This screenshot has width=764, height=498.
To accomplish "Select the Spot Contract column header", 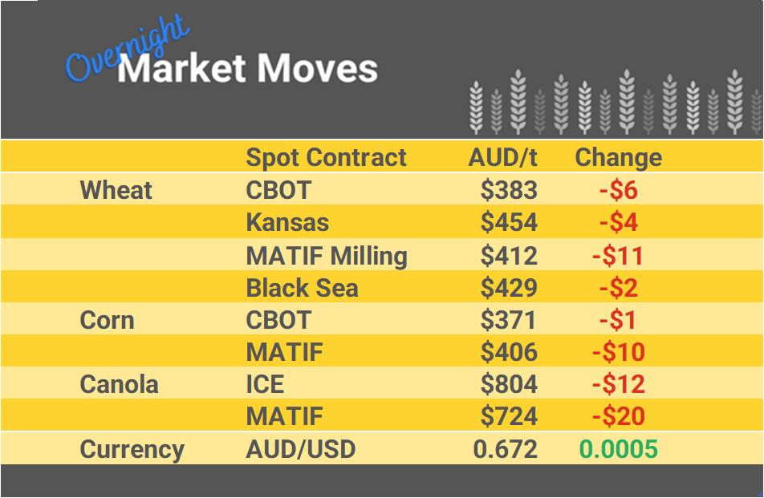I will (326, 157).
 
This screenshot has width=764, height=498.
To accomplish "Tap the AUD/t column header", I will (502, 157).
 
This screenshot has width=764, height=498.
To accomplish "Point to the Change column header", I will (618, 157).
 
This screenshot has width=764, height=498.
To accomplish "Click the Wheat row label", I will (116, 190).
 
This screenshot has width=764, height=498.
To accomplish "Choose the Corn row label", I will (107, 320).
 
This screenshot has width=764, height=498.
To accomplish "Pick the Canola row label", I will (119, 384).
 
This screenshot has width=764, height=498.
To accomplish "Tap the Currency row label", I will (132, 449).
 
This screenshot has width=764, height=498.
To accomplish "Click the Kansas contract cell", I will (287, 222).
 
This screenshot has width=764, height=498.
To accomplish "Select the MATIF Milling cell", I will (327, 256).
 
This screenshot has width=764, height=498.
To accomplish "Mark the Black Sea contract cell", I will (302, 287).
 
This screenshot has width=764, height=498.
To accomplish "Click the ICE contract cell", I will (265, 384).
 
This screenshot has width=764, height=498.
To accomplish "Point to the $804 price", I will (509, 384).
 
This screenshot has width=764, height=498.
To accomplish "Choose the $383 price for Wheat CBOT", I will (509, 190).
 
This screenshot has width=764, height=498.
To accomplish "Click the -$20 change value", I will (618, 417).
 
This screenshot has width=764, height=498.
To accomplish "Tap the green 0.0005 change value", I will (618, 449).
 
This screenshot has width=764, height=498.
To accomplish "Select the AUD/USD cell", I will (301, 449).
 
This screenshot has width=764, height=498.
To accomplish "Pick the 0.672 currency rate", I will (506, 449).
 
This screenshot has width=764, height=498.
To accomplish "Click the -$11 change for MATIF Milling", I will (618, 256).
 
